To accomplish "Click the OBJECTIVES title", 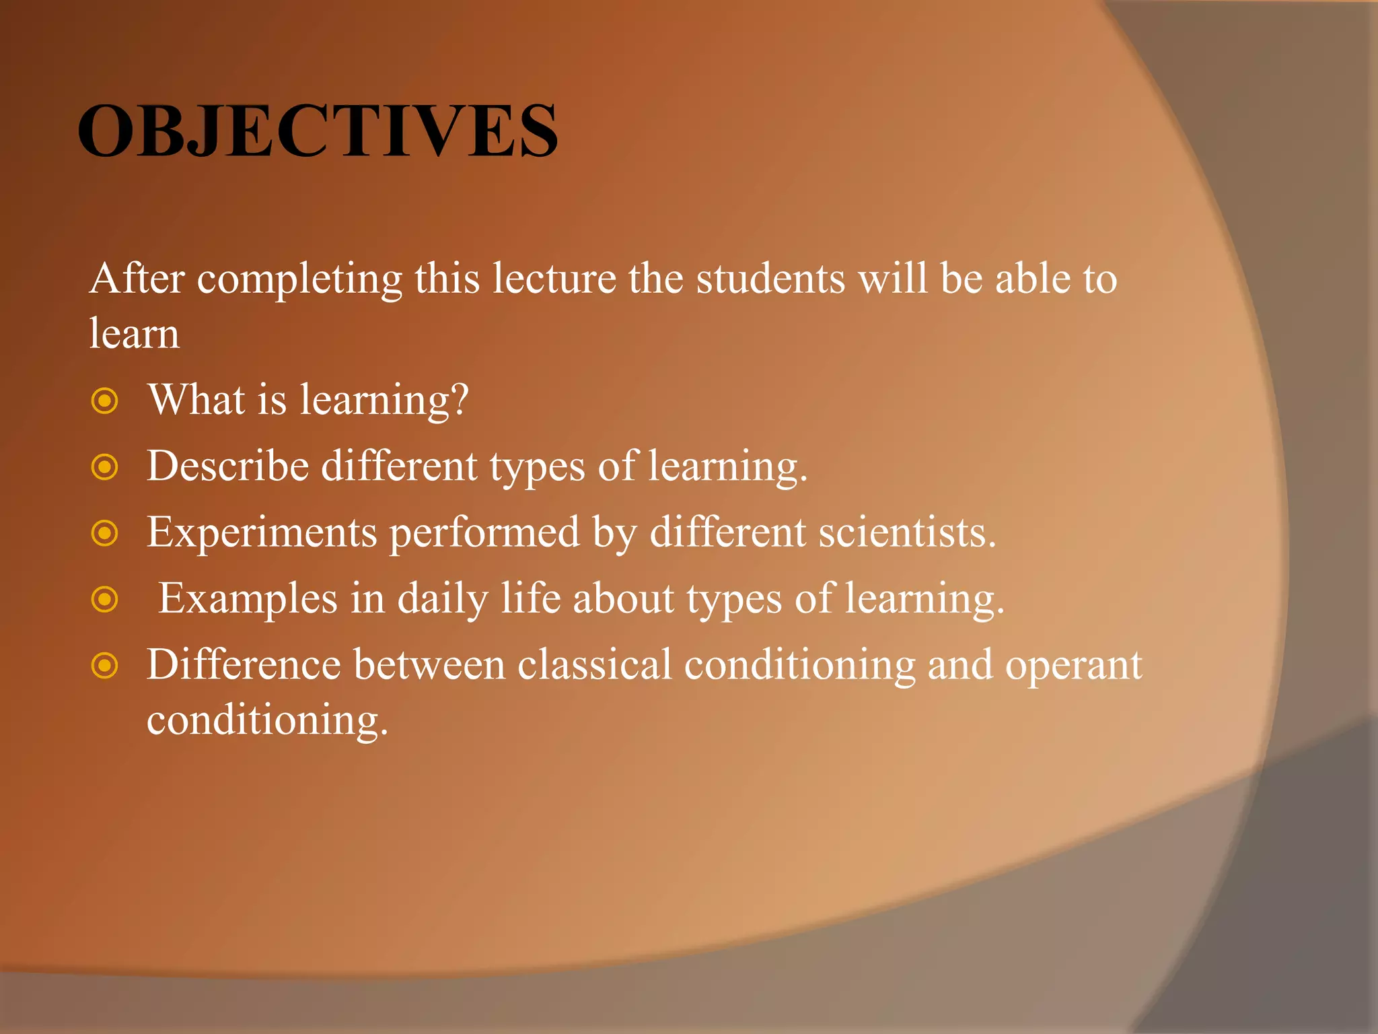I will pyautogui.click(x=318, y=131).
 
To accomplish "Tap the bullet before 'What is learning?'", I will pyautogui.click(x=105, y=401).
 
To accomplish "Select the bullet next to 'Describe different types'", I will pyautogui.click(x=105, y=467).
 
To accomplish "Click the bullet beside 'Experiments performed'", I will pyautogui.click(x=105, y=534).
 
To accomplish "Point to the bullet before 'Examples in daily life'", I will pyautogui.click(x=105, y=599).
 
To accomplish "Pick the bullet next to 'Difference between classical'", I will pyautogui.click(x=105, y=666).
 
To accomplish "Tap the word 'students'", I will pyautogui.click(x=770, y=279).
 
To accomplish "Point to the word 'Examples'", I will pyautogui.click(x=248, y=599).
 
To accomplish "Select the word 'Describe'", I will pyautogui.click(x=228, y=467).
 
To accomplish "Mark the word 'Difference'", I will pyautogui.click(x=244, y=665).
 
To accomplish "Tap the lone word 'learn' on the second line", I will pyautogui.click(x=135, y=333).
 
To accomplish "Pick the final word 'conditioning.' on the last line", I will pyautogui.click(x=268, y=721).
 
